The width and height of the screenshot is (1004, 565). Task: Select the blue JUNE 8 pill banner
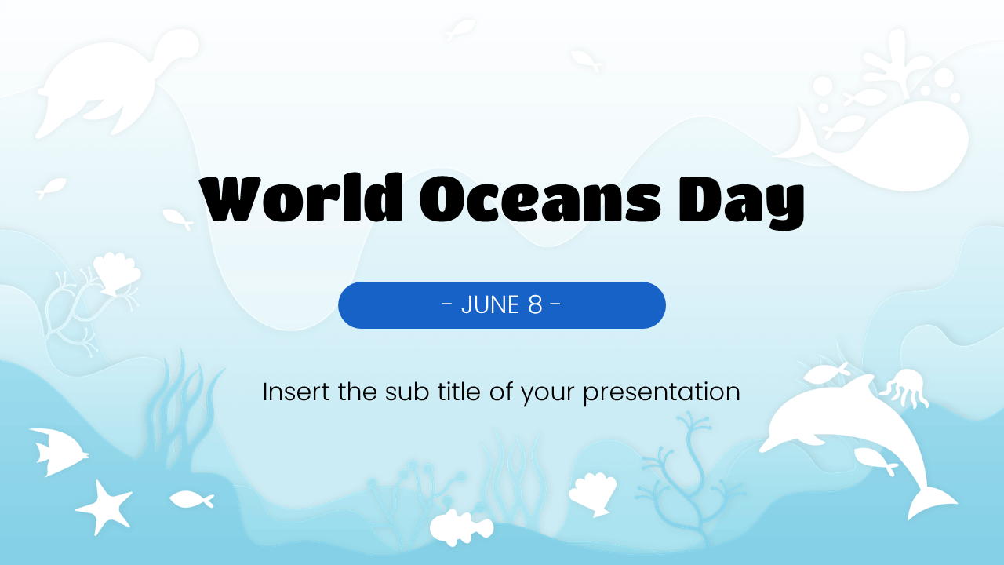[x=502, y=305]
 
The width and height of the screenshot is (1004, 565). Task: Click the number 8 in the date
[x=535, y=305]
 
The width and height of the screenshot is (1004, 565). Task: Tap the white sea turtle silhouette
[x=110, y=86]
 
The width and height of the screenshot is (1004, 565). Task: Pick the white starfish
[x=104, y=506]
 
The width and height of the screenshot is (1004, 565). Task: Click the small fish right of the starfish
[x=191, y=499]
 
